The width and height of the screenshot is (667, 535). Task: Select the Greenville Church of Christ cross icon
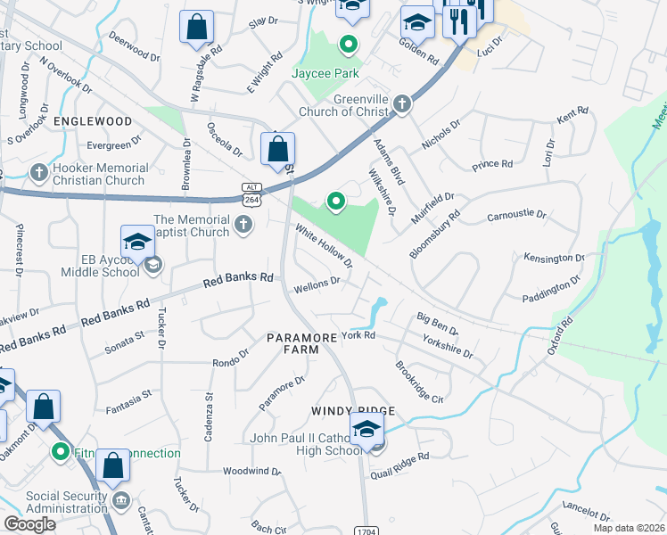coord(401,104)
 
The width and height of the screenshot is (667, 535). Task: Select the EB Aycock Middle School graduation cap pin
coord(137,243)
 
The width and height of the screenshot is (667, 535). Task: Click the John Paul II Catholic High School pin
coord(366,430)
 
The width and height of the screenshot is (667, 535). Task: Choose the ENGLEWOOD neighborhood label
coord(93,120)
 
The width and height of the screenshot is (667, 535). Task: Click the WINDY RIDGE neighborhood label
coord(352,410)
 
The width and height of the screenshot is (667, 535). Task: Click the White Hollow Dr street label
coord(325,246)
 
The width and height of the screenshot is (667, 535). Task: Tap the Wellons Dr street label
coord(317,284)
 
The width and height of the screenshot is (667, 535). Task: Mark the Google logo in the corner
coord(29,524)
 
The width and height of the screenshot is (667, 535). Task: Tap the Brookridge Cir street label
coord(419,383)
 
